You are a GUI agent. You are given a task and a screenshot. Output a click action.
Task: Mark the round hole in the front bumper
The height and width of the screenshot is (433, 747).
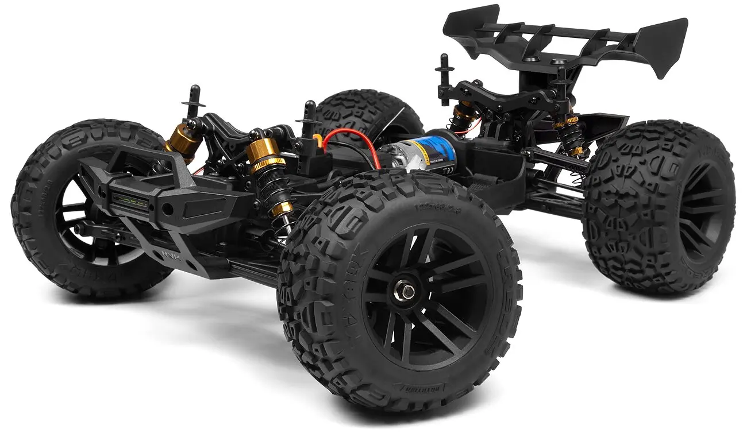coord(168,207)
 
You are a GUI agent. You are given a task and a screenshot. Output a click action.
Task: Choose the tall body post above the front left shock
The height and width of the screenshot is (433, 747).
coord(192,100)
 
